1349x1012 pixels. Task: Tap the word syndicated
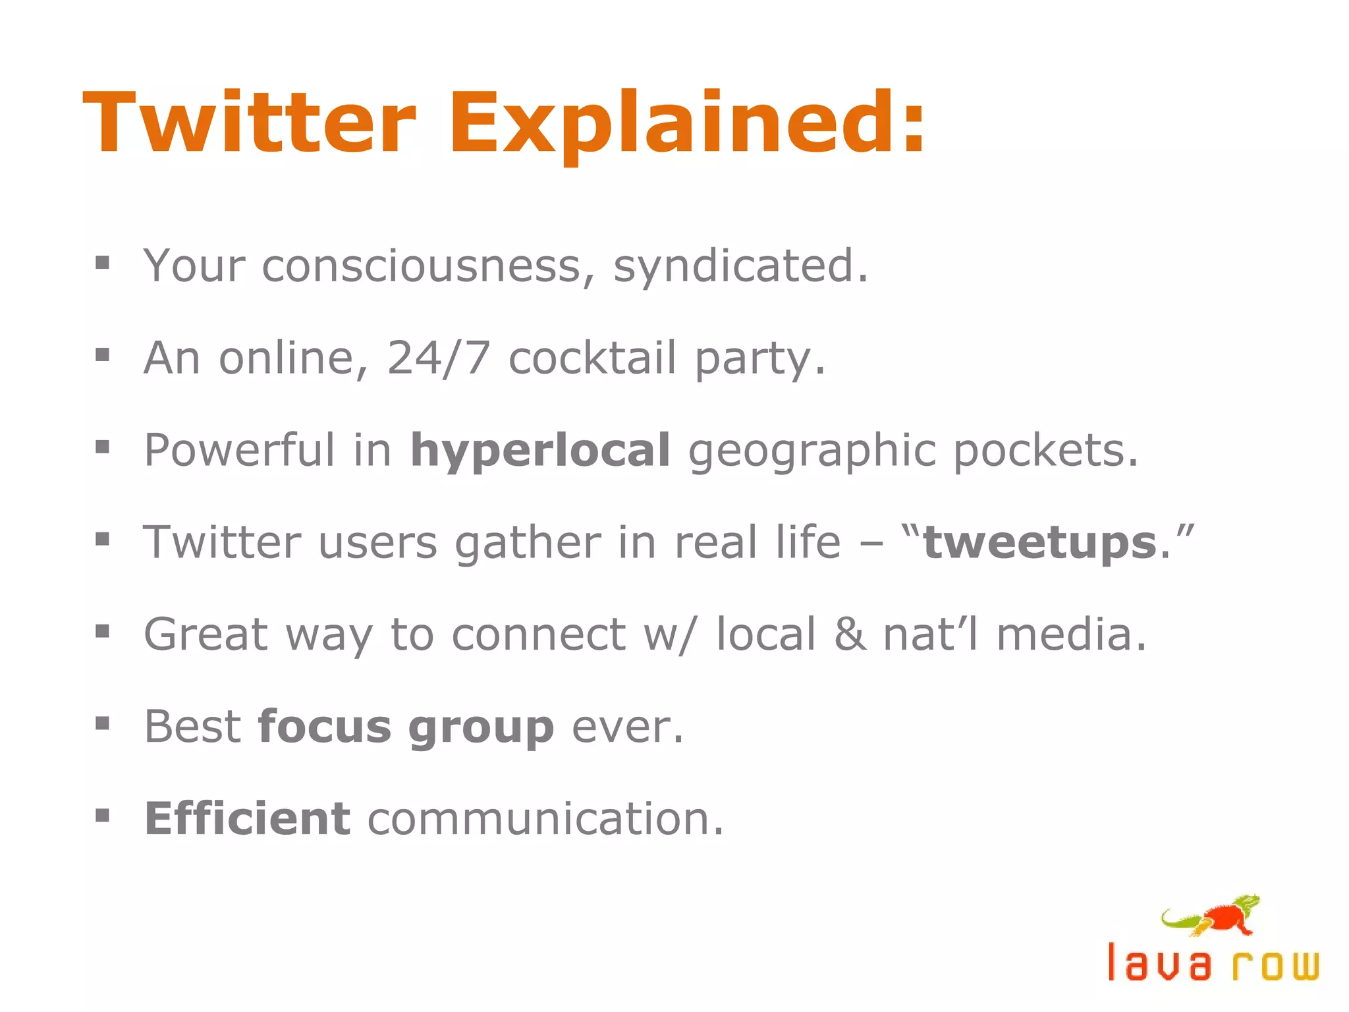pyautogui.click(x=740, y=266)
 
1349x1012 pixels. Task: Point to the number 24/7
pyautogui.click(x=439, y=358)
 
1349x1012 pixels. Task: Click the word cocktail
pyautogui.click(x=592, y=358)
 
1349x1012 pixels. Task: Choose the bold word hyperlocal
pyautogui.click(x=540, y=452)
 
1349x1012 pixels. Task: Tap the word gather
pyautogui.click(x=528, y=544)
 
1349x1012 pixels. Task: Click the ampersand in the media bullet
pyautogui.click(x=849, y=635)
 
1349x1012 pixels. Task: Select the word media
pyautogui.click(x=1071, y=635)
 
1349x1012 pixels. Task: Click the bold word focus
pyautogui.click(x=325, y=727)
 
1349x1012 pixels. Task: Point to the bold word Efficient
pyautogui.click(x=248, y=819)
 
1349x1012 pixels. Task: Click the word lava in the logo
pyautogui.click(x=1159, y=963)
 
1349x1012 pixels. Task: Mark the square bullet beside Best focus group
pyautogui.click(x=102, y=725)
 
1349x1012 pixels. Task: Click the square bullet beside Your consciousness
pyautogui.click(x=102, y=264)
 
